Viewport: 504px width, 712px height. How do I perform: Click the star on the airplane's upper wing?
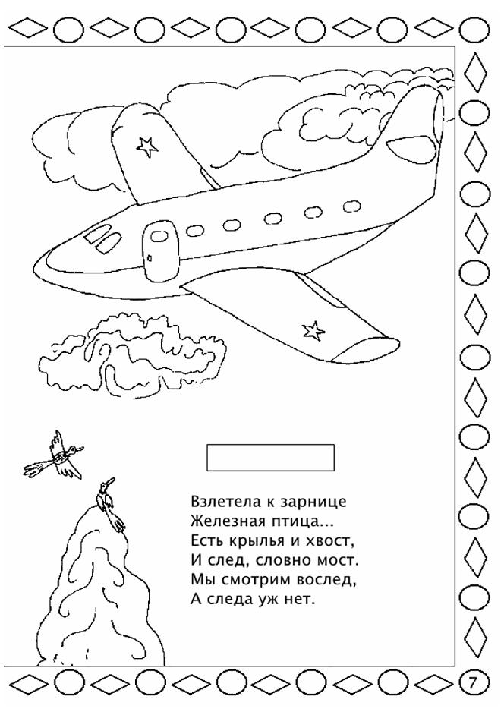[x=146, y=146]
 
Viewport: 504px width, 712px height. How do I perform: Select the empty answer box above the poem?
[x=271, y=458]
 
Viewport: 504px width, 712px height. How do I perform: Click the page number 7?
[x=473, y=683]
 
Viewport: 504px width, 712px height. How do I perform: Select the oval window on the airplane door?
[x=159, y=235]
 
